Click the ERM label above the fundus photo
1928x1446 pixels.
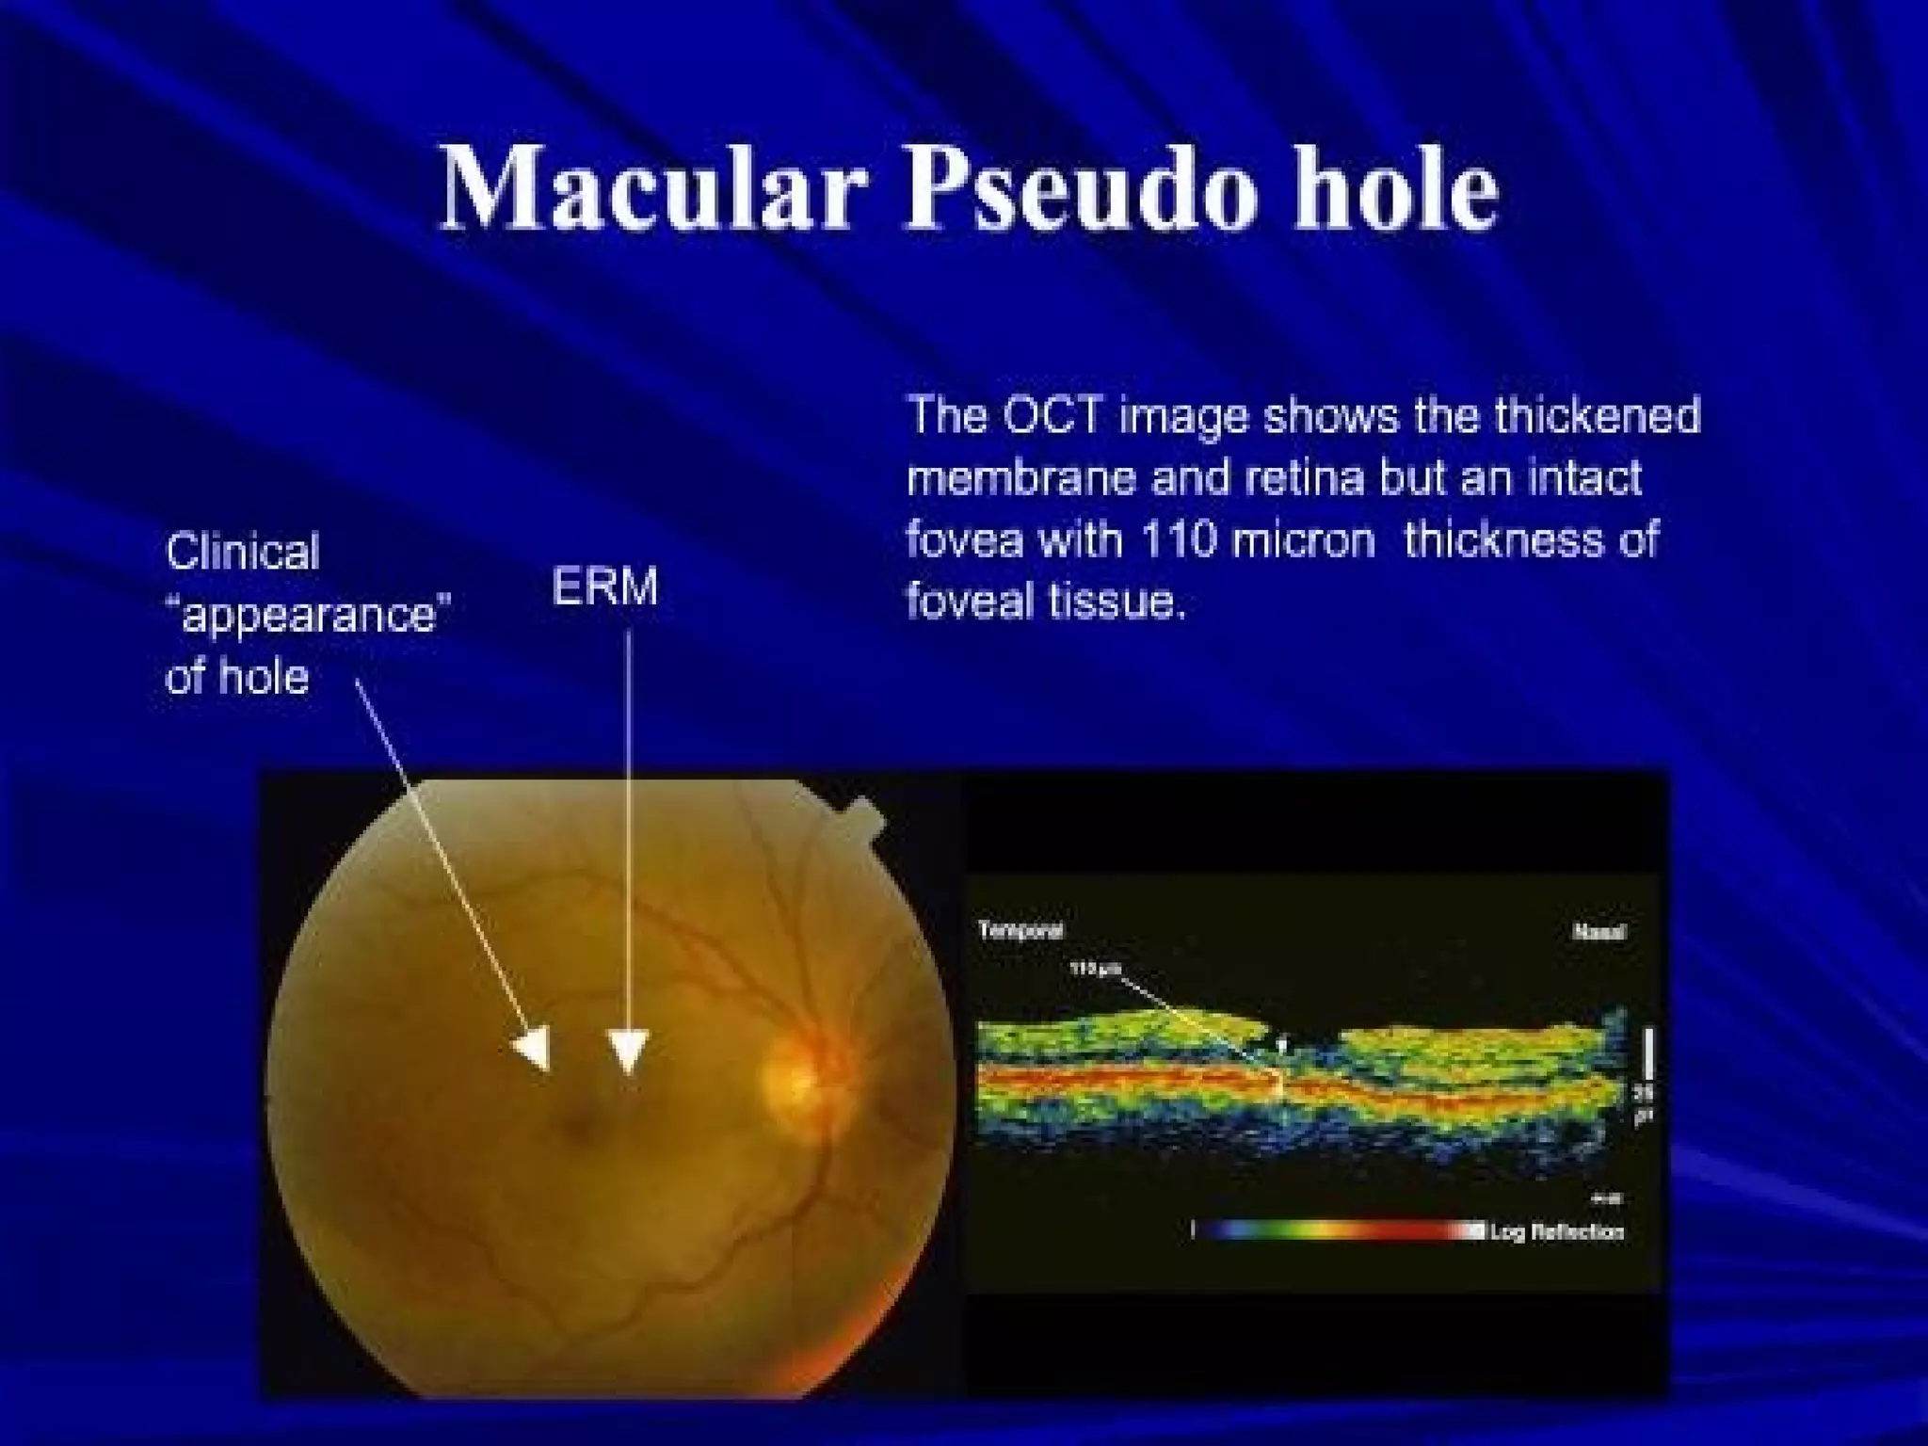point(604,587)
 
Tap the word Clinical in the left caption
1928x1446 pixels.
point(243,553)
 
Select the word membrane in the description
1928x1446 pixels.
point(1022,478)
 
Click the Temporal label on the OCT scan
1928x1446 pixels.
point(1020,931)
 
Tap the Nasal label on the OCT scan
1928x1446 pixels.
point(1599,933)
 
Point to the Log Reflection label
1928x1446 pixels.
point(1557,1231)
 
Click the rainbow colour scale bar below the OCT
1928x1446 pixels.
point(1337,1230)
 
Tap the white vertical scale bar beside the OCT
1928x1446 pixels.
point(1647,1054)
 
